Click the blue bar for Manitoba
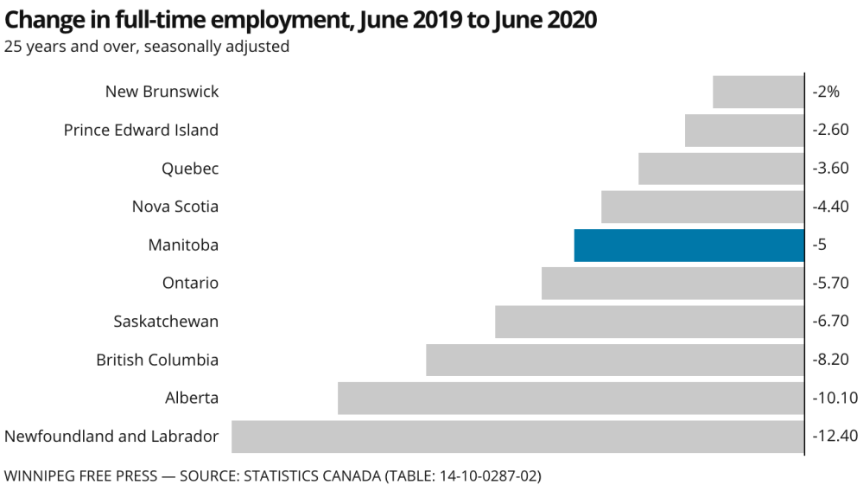coord(688,246)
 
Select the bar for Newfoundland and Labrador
coord(517,437)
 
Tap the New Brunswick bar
coord(758,92)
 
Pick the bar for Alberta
coord(570,399)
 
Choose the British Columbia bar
coord(614,360)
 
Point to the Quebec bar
coord(720,169)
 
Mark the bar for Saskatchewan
coord(649,322)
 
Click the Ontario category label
coord(190,284)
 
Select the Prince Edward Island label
coord(141,131)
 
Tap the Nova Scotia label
coord(175,207)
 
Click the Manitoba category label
coord(183,246)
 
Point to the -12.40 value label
coord(835,437)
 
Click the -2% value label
coord(826,92)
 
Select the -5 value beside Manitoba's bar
coord(820,246)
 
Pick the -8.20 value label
coord(831,360)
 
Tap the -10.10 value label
coord(835,399)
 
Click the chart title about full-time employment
coord(301,20)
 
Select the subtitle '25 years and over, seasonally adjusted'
coord(146,47)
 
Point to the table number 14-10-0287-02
coord(478,475)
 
